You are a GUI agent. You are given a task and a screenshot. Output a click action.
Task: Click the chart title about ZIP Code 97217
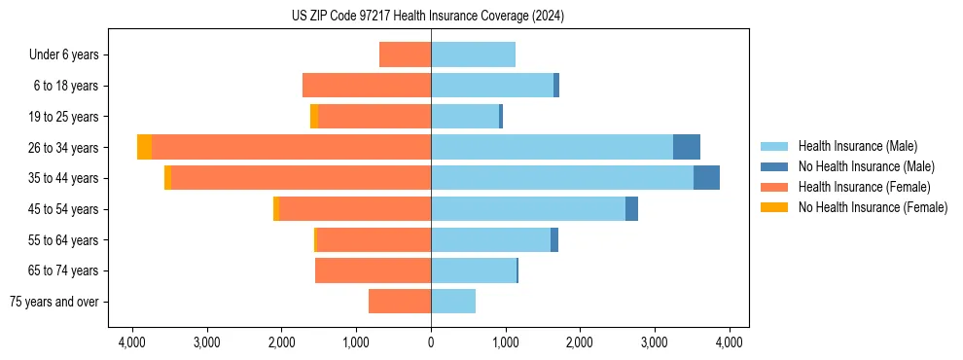coord(427,17)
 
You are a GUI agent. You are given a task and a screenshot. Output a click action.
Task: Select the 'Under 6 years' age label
coord(64,54)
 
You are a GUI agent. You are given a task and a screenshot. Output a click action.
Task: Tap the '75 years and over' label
coord(54,302)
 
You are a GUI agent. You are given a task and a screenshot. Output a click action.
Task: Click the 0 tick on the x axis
coord(431,342)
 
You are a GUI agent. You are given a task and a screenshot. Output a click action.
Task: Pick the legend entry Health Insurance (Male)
coord(857,146)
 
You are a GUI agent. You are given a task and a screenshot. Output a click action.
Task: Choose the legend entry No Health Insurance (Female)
coord(873,207)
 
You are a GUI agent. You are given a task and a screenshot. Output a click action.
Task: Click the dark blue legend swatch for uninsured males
coord(774,166)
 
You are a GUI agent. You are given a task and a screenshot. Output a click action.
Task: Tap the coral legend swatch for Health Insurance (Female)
coord(774,187)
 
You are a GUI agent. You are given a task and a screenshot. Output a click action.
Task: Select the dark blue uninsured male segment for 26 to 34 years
coord(687,147)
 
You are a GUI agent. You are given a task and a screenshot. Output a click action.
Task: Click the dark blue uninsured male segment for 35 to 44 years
coord(706,178)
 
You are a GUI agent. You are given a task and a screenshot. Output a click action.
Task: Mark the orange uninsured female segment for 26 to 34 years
coord(144,147)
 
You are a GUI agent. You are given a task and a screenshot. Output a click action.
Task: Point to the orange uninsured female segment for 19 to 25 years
coord(314,116)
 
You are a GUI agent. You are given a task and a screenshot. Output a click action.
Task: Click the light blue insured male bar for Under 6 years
coord(473,54)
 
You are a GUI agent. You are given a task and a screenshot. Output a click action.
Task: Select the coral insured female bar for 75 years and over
coord(400,302)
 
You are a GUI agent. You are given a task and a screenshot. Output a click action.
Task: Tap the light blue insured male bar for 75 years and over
coord(453,302)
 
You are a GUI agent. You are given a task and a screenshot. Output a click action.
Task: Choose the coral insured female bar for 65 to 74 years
coord(373,270)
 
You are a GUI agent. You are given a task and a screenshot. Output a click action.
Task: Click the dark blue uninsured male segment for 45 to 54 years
coord(631,209)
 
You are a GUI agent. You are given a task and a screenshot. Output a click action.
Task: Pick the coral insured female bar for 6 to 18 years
coord(367,86)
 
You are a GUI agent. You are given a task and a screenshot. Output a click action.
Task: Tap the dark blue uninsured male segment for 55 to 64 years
coord(554,239)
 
